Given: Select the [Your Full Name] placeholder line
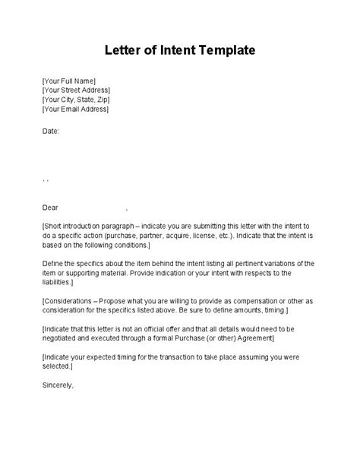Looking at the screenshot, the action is [x=69, y=80].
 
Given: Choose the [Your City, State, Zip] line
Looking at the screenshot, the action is [x=76, y=100].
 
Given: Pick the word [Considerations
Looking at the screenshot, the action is [x=76, y=302].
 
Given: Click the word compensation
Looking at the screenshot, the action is [x=257, y=302].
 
